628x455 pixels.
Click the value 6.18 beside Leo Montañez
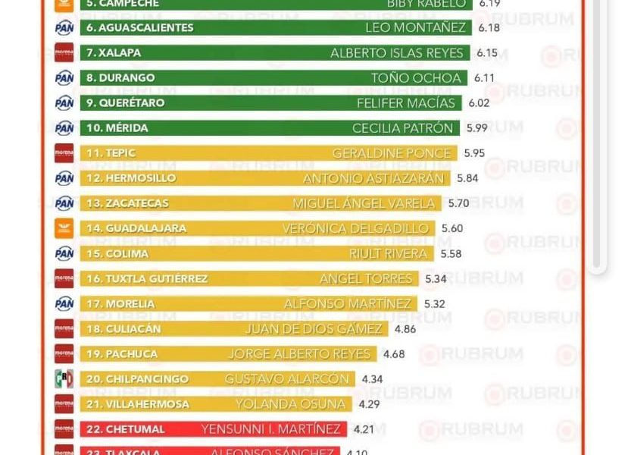click(489, 28)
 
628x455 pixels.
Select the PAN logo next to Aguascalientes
click(64, 28)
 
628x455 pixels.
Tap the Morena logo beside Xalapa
click(64, 53)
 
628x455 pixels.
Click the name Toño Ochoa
click(416, 78)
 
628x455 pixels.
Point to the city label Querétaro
click(125, 103)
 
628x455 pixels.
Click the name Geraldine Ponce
click(392, 153)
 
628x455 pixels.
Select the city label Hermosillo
click(130, 178)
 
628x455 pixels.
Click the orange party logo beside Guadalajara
click(64, 228)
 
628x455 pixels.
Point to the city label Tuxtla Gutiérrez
click(147, 278)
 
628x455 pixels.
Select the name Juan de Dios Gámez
click(314, 329)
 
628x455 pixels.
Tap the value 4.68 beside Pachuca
click(394, 354)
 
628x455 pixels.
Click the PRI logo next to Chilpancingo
click(64, 379)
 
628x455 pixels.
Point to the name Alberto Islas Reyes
click(397, 53)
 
